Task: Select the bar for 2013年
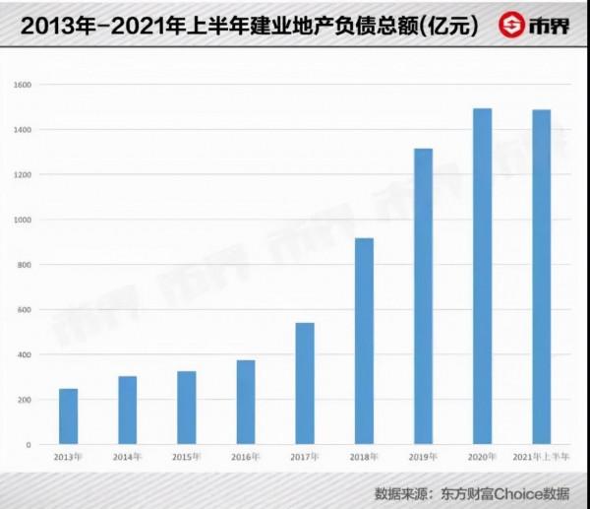click(68, 416)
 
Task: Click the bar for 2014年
click(127, 411)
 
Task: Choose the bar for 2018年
click(364, 341)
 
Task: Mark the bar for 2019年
click(423, 296)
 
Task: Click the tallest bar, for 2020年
click(482, 277)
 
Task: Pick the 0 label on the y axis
click(29, 445)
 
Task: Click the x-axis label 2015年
click(186, 458)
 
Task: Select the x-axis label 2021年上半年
click(541, 458)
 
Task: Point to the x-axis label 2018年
click(364, 458)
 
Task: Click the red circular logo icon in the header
click(512, 24)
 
